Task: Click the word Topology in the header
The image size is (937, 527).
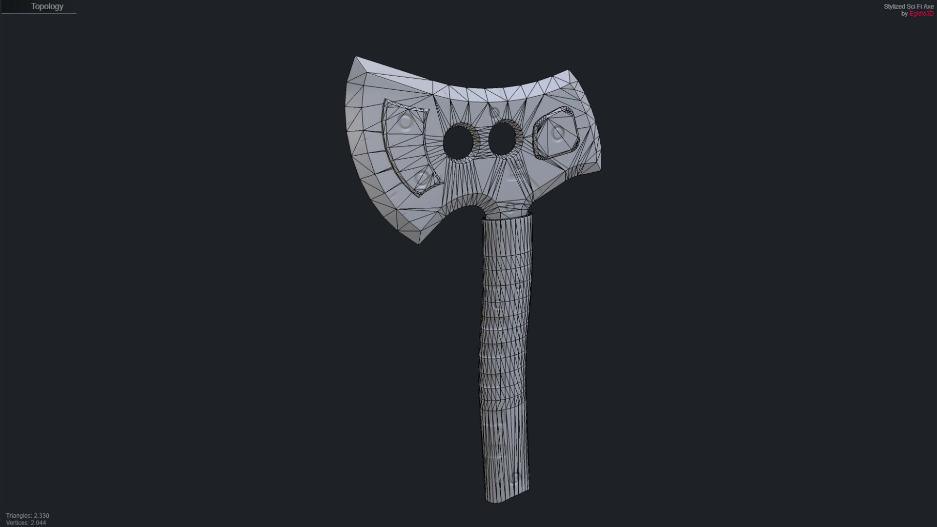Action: click(x=47, y=6)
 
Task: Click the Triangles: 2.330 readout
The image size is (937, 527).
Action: click(x=27, y=516)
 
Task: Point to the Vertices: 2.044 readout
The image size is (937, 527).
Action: click(x=26, y=523)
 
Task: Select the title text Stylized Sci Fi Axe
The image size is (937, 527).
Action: click(x=908, y=6)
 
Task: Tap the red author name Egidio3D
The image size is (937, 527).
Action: click(x=921, y=14)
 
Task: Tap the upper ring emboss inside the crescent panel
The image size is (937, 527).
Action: click(x=405, y=122)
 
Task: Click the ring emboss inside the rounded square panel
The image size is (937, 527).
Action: click(x=558, y=132)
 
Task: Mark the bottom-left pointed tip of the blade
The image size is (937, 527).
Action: click(x=418, y=243)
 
